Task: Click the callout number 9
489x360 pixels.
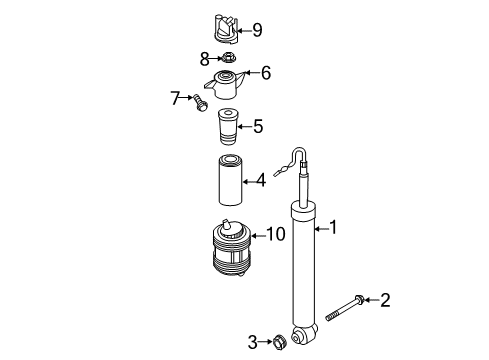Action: click(x=257, y=30)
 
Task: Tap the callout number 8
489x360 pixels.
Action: click(x=205, y=59)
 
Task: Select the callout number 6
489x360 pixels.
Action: click(x=266, y=73)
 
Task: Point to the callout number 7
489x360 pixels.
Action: click(x=175, y=98)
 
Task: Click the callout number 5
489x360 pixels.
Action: click(x=258, y=126)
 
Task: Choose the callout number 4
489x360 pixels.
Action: click(x=261, y=180)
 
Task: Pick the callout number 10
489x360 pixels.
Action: click(x=276, y=234)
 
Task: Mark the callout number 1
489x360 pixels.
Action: click(x=333, y=228)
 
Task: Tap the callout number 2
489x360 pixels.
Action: click(x=385, y=300)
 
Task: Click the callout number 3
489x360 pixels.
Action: click(x=253, y=342)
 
